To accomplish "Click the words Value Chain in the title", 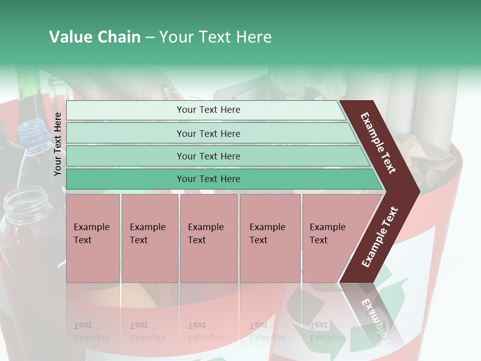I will point(95,37).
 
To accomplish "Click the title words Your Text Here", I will point(215,37).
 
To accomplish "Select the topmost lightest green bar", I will point(208,110).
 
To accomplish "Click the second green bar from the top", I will point(208,133).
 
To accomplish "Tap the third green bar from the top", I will point(208,156).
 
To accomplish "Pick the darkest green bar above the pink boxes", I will point(208,179).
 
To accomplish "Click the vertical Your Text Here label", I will point(58,144).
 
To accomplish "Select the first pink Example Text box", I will point(93,238).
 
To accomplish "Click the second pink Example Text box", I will point(149,238).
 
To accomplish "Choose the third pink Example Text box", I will point(208,238).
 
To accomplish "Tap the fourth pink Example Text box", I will point(270,238).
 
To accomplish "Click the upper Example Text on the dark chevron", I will point(378,143).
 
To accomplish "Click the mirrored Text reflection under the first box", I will point(83,325).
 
